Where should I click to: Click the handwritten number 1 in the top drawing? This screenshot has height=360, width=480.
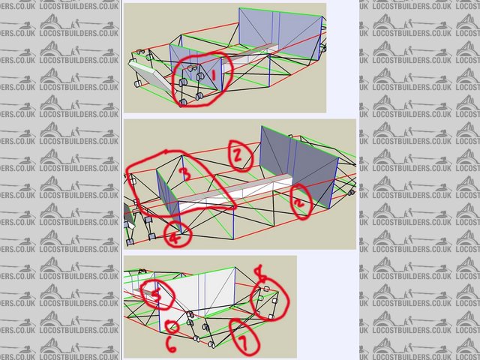coord(213,76)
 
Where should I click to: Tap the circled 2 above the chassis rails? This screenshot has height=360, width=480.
coord(236,154)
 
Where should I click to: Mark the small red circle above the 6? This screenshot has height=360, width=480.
coord(172,327)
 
